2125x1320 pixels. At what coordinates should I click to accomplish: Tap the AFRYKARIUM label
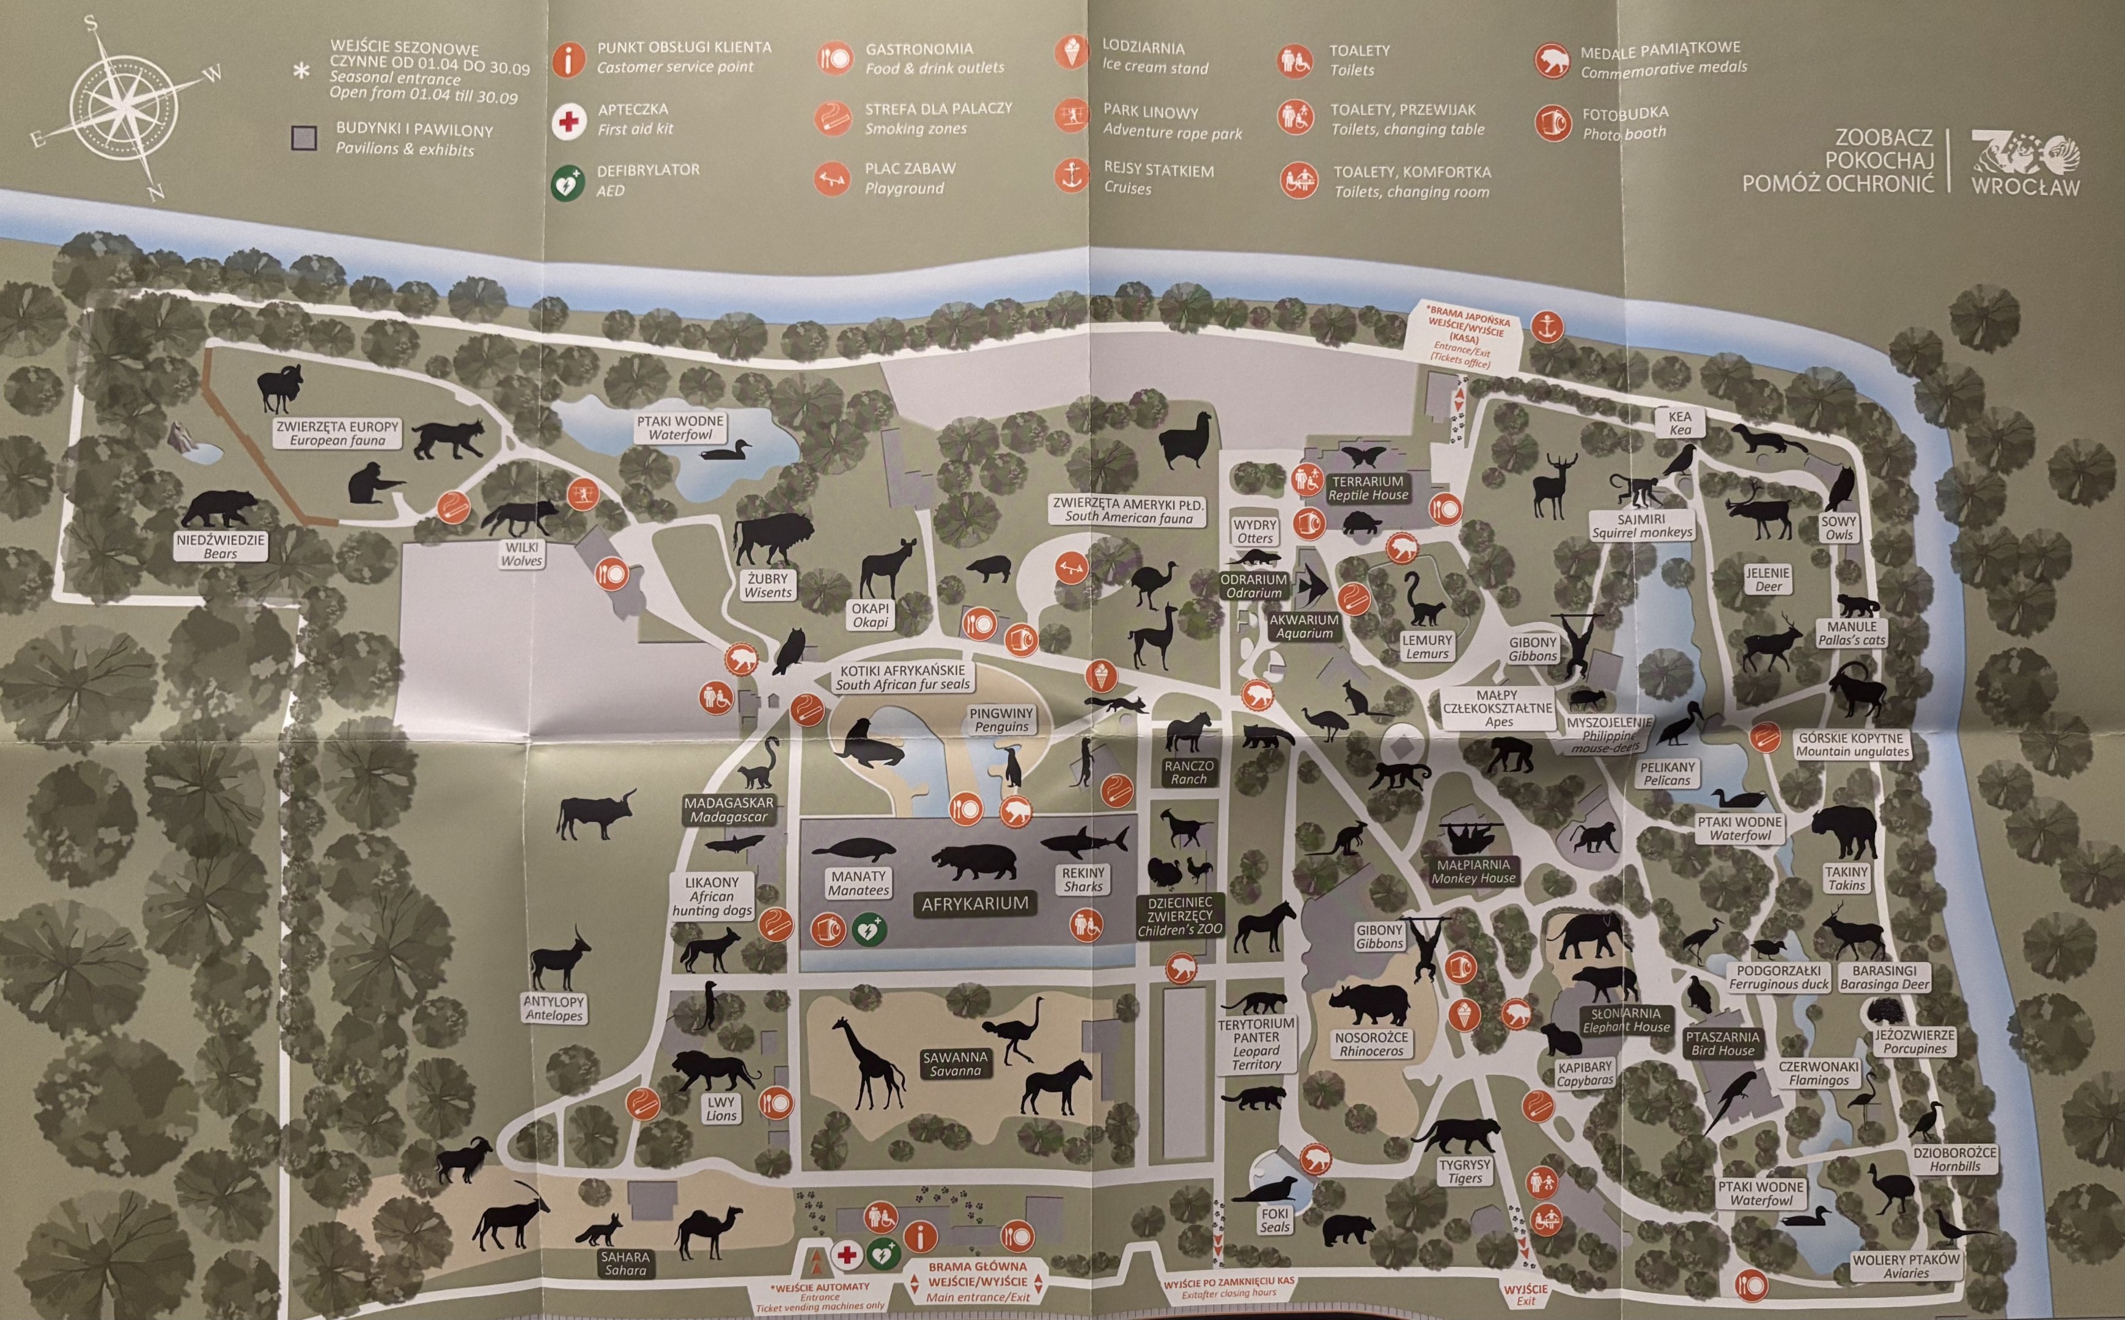[x=974, y=903]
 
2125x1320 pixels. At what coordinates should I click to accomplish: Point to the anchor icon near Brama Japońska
[x=1547, y=326]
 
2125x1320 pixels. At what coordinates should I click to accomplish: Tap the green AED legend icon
[x=567, y=183]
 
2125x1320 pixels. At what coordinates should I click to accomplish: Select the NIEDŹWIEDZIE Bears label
[x=220, y=546]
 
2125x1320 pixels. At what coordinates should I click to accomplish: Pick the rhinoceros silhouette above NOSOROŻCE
[x=1372, y=1004]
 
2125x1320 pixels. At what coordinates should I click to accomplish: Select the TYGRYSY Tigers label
[x=1464, y=1171]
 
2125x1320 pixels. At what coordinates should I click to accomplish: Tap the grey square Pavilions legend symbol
[x=304, y=139]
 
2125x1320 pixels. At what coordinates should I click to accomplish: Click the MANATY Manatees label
[x=859, y=882]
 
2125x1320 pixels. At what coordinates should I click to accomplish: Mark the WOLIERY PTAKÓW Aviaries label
[x=1906, y=1266]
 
